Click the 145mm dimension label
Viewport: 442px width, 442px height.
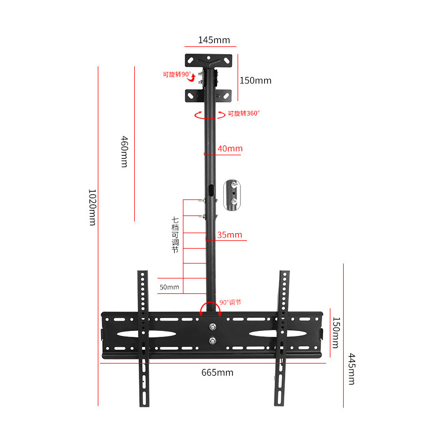pyautogui.click(x=214, y=40)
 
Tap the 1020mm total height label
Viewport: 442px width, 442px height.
pyautogui.click(x=92, y=207)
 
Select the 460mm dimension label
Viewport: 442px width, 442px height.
pyautogui.click(x=124, y=151)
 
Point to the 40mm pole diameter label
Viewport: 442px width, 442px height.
pyautogui.click(x=230, y=149)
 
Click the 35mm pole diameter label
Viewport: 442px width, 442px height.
pyautogui.click(x=229, y=235)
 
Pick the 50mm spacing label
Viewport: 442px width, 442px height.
pyautogui.click(x=170, y=287)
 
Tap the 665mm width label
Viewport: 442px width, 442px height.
pyautogui.click(x=217, y=372)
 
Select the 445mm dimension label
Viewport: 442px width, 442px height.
pyautogui.click(x=351, y=369)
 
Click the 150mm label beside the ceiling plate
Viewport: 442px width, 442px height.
pyautogui.click(x=255, y=81)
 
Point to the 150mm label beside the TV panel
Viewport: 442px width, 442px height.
pyautogui.click(x=336, y=333)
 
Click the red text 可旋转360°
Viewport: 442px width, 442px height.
pyautogui.click(x=244, y=113)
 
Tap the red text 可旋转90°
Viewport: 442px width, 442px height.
pyautogui.click(x=177, y=75)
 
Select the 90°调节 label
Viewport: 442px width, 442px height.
pyautogui.click(x=230, y=302)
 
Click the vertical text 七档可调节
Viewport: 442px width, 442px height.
pyautogui.click(x=175, y=235)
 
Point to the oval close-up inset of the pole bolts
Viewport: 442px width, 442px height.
pyautogui.click(x=232, y=195)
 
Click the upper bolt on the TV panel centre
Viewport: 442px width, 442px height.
pyautogui.click(x=213, y=327)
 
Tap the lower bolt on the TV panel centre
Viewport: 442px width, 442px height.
pyautogui.click(x=213, y=341)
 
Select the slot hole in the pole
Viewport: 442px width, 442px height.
pyautogui.click(x=211, y=190)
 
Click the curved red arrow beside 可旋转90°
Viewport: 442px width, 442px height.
pyautogui.click(x=192, y=78)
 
